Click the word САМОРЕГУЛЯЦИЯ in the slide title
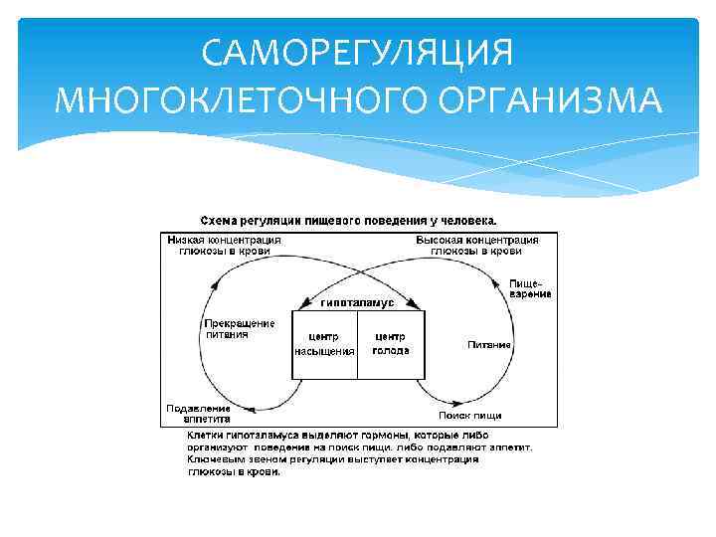[357, 52]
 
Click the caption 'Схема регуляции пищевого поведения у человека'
[349, 219]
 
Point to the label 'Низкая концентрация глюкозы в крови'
[224, 246]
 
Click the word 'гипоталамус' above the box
[358, 301]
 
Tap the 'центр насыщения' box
[324, 344]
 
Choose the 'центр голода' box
[391, 344]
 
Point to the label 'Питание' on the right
[489, 345]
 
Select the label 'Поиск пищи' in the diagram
[470, 415]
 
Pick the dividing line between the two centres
[358, 344]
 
